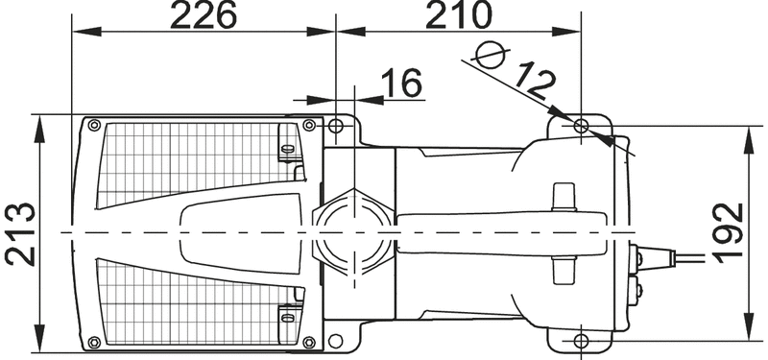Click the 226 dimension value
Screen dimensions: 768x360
click(x=204, y=14)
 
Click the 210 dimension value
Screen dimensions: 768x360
click(x=458, y=14)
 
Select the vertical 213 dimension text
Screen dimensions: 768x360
click(x=20, y=233)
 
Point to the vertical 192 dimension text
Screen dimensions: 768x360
click(x=729, y=232)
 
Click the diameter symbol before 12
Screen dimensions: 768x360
click(x=491, y=55)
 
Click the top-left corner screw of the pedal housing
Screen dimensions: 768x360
click(x=94, y=126)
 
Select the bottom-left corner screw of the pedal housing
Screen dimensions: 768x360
click(x=94, y=342)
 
